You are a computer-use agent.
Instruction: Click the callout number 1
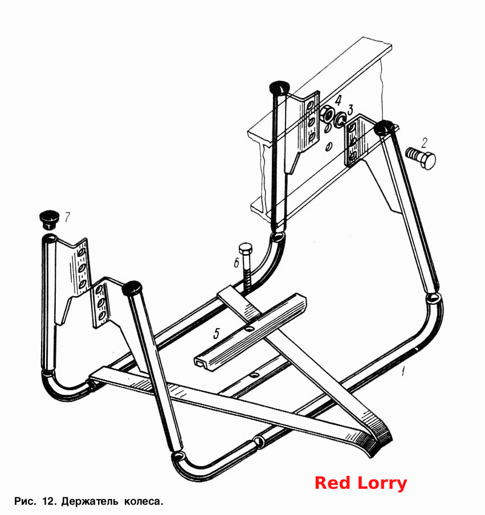click(403, 371)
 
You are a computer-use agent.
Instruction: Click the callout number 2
click(425, 143)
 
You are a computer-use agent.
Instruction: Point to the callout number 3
click(350, 109)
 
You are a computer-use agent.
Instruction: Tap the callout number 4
click(338, 100)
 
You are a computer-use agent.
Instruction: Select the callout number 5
click(216, 333)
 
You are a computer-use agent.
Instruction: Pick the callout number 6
click(237, 263)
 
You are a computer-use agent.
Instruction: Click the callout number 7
click(67, 217)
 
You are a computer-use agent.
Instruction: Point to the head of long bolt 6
click(246, 248)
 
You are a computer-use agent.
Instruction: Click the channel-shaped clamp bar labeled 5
click(250, 333)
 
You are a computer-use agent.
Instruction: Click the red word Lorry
click(382, 484)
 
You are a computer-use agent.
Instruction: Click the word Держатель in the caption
click(89, 501)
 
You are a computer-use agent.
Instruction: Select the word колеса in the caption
click(143, 502)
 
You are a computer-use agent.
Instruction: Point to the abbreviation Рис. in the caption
click(25, 501)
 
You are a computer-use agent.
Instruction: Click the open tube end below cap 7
click(50, 238)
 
